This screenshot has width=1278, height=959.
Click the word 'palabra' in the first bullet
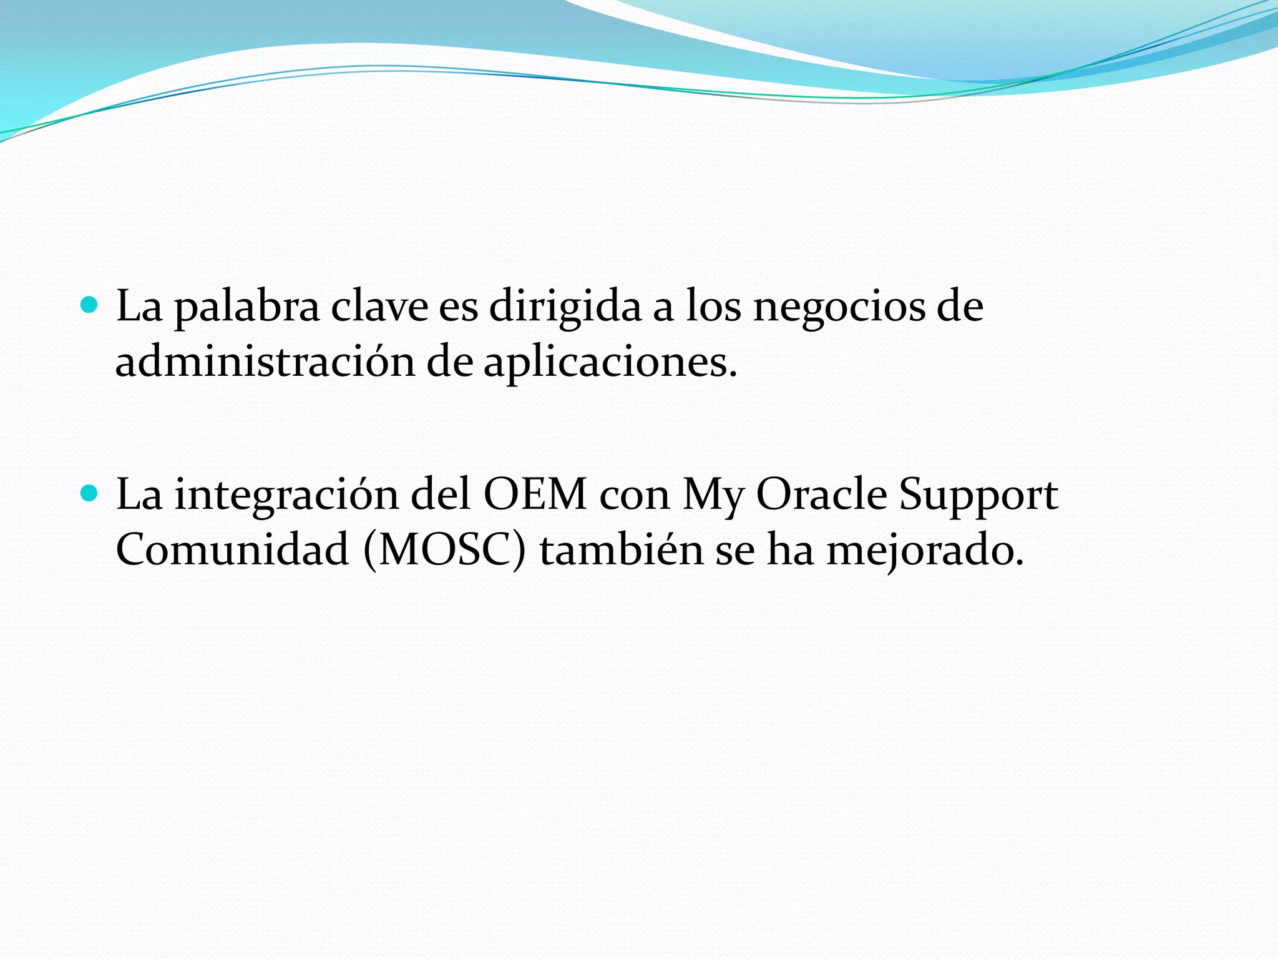pos(246,307)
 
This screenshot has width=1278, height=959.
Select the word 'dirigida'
pos(565,307)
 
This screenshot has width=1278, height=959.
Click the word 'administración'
pos(265,362)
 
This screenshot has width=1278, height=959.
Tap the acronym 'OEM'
pos(535,494)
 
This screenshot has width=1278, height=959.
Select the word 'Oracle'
pos(821,494)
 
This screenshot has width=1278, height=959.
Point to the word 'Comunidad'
pos(232,549)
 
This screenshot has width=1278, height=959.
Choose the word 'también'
pos(622,549)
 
